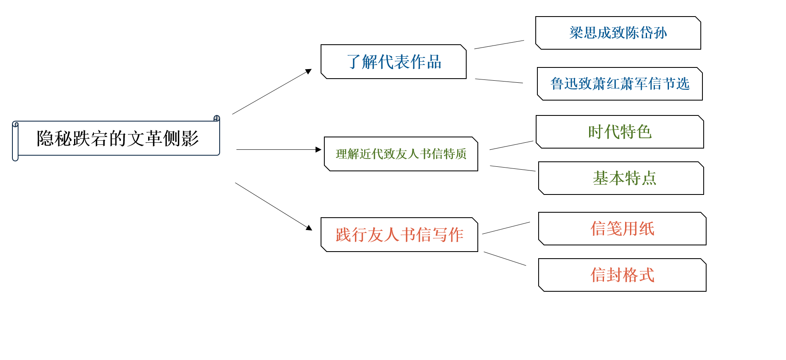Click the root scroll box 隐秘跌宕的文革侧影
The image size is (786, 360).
click(116, 138)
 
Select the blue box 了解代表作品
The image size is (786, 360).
click(393, 62)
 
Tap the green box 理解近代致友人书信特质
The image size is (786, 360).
click(401, 154)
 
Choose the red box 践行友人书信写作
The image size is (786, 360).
click(399, 235)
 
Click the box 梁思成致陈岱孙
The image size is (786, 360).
click(618, 33)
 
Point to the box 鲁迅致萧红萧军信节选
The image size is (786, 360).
click(620, 84)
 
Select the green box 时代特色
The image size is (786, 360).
click(620, 132)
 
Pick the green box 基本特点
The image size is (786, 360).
click(621, 178)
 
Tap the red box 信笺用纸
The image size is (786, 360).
click(622, 229)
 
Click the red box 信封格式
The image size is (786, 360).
click(622, 275)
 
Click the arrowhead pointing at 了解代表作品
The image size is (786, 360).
click(309, 71)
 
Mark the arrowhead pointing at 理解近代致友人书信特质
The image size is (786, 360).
click(319, 150)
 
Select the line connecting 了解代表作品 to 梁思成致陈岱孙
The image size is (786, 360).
click(499, 45)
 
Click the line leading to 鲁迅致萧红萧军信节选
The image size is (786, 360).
click(499, 81)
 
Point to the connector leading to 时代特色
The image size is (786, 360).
click(511, 145)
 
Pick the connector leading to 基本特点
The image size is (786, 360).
click(513, 168)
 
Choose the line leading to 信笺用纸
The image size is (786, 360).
click(506, 228)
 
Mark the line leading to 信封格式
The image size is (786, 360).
click(505, 259)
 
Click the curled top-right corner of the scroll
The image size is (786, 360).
click(217, 118)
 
